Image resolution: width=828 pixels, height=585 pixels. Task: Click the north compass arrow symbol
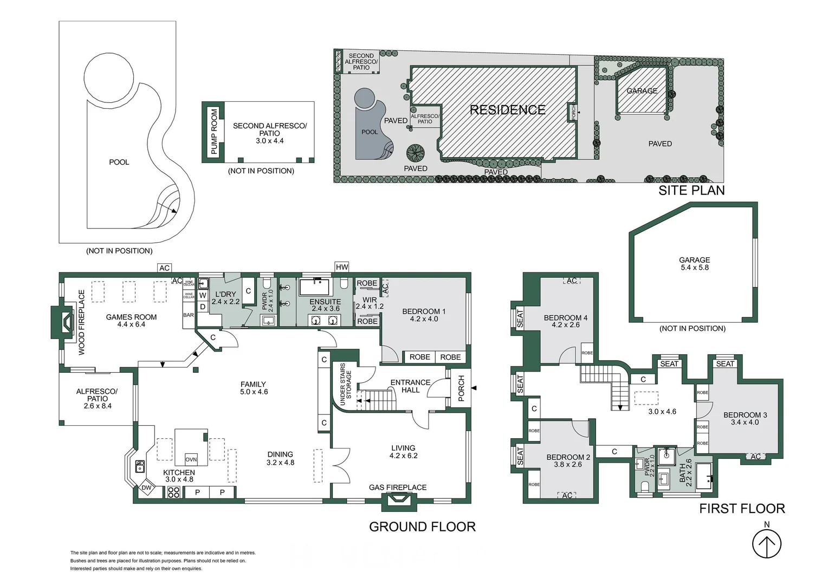766,543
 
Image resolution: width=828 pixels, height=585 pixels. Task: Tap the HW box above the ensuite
342,267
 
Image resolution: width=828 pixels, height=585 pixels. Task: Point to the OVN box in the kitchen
191,459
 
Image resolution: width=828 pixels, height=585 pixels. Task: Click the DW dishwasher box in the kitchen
146,487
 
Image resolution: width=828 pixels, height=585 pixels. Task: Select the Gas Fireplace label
398,487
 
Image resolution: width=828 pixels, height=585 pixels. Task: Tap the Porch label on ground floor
461,388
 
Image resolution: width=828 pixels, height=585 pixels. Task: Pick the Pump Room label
214,132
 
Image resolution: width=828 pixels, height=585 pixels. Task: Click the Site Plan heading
691,190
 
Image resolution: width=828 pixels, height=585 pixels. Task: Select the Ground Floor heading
422,526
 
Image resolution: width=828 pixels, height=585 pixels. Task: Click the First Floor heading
741,508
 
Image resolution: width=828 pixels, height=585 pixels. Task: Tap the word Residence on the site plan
507,110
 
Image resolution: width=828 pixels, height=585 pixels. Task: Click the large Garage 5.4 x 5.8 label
694,263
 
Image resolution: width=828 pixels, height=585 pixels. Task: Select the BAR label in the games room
189,315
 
